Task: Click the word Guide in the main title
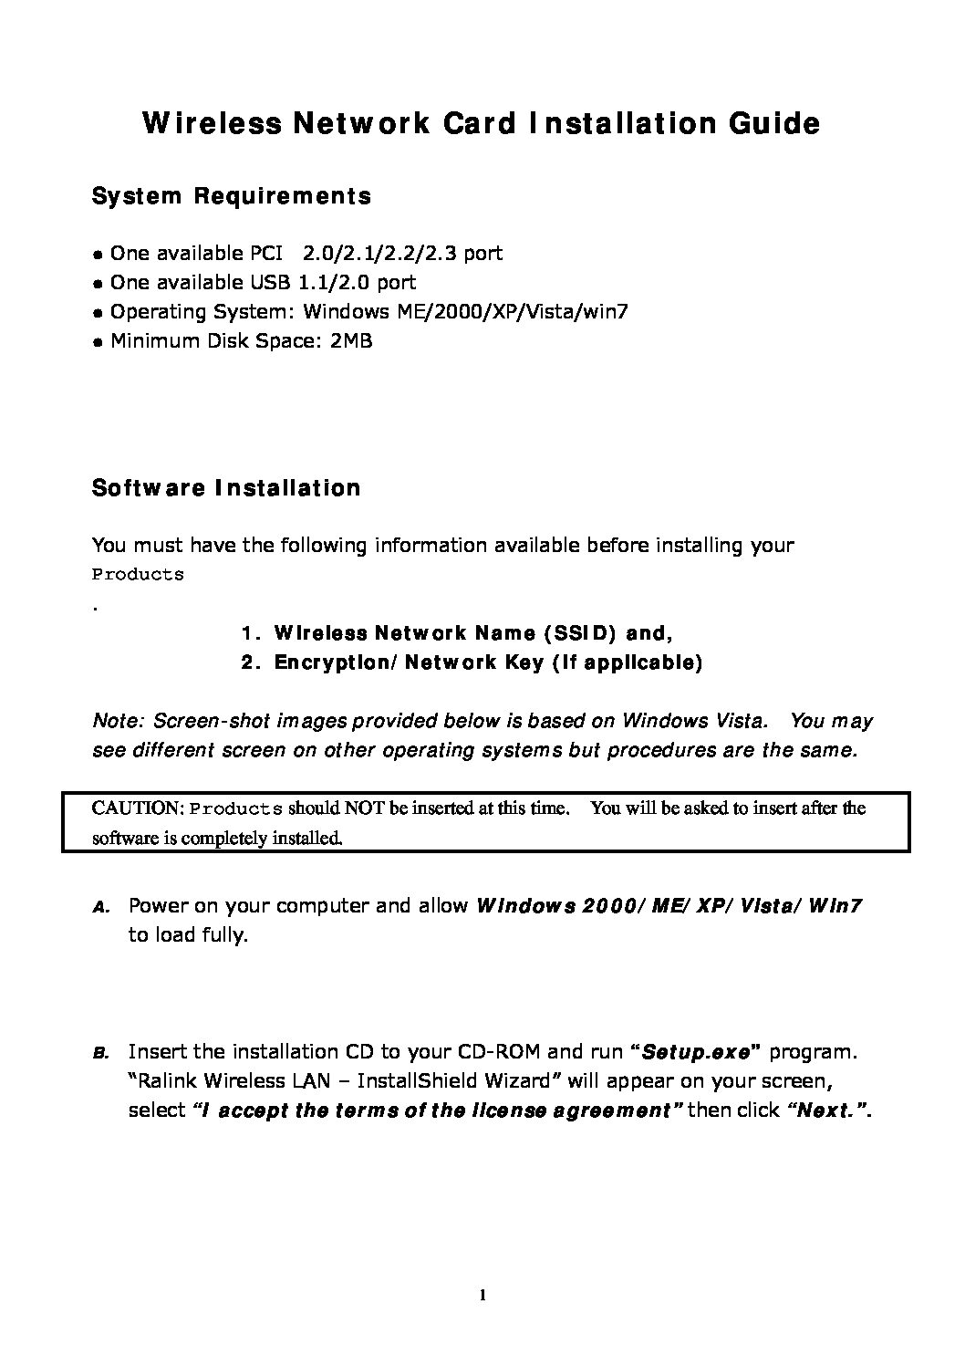pos(773,123)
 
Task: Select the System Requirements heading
pos(232,196)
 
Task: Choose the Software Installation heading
pos(226,488)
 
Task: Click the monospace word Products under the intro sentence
pos(138,575)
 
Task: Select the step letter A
pos(101,908)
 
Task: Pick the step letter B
pos(101,1054)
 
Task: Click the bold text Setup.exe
pos(696,1052)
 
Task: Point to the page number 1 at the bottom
pos(482,1295)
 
